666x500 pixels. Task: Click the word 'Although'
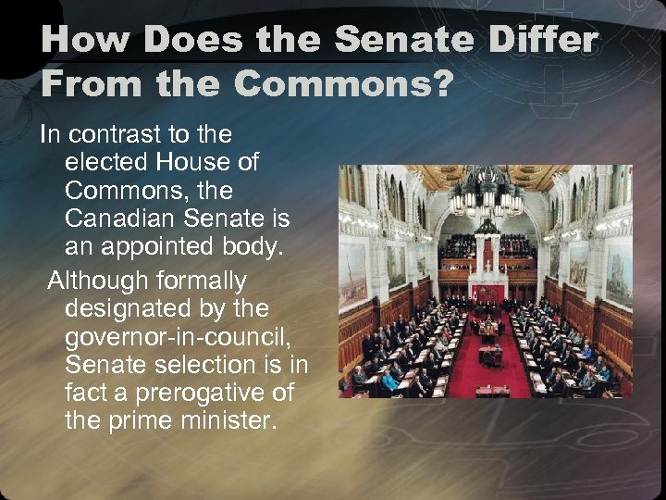[101, 279]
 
